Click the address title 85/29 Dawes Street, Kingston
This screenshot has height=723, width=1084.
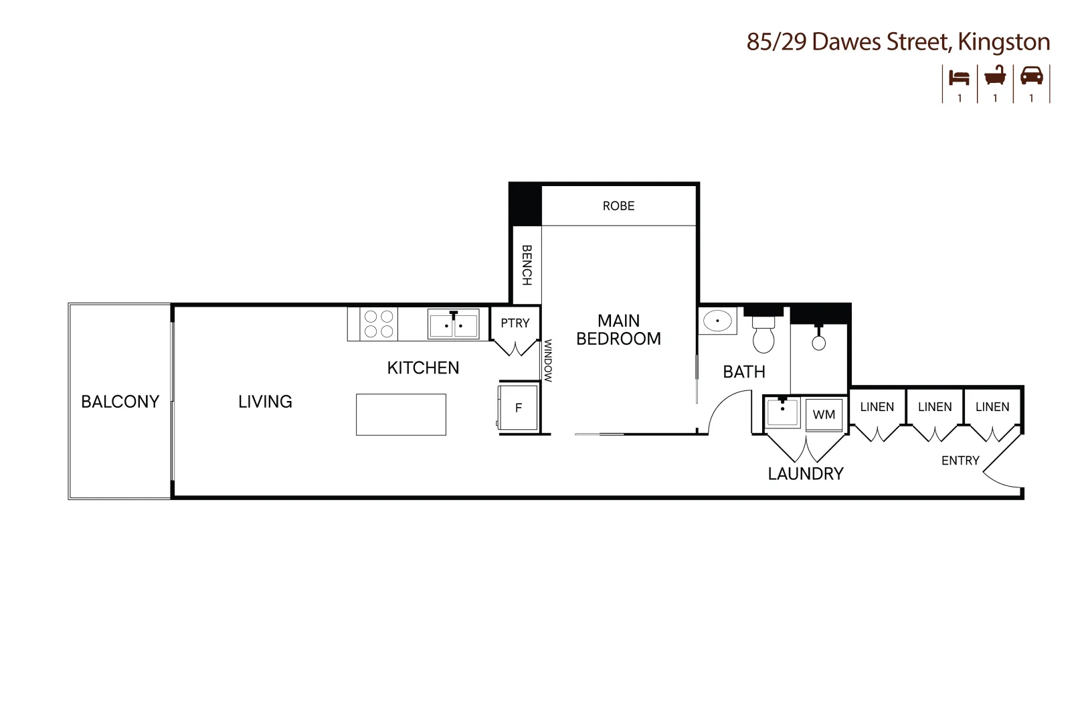[897, 42]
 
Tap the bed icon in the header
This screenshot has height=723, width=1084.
[959, 77]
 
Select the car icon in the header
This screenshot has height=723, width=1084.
[1031, 76]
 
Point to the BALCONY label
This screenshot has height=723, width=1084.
[120, 402]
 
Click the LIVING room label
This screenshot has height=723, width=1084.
[265, 402]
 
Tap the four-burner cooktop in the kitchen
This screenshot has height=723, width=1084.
[378, 324]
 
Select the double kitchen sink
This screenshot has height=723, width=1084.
[453, 325]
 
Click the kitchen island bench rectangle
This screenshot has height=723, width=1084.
[401, 415]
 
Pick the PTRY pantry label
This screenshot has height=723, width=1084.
[515, 323]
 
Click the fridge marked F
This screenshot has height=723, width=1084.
[518, 407]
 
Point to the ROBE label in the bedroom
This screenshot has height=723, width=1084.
[618, 206]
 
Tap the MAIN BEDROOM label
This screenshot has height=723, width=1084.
[618, 330]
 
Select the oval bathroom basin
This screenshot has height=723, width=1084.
[717, 321]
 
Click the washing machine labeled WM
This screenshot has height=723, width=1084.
[824, 414]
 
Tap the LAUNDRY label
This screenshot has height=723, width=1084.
[806, 474]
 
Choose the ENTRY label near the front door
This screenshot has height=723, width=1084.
[960, 461]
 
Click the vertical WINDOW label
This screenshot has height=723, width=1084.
[547, 361]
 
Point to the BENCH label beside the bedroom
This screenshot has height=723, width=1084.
[527, 265]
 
